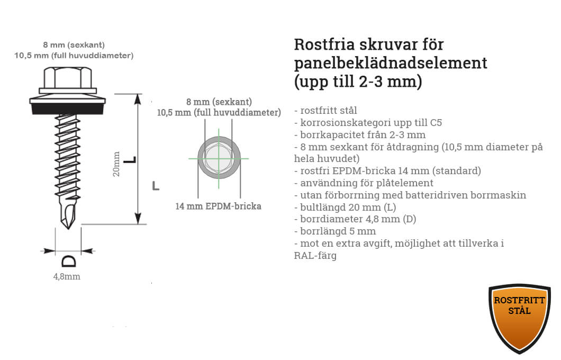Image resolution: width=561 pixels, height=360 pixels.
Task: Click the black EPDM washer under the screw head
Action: coord(68,108)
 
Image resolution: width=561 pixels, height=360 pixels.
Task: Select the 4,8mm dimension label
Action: coord(67,276)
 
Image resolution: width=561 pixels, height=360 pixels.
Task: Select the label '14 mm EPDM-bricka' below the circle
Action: coord(218,206)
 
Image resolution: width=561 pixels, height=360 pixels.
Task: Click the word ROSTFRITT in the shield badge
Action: coord(519,300)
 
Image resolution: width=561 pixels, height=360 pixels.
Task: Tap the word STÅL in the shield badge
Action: coord(519,311)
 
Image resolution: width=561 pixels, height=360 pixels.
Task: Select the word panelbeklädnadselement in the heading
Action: coord(391,63)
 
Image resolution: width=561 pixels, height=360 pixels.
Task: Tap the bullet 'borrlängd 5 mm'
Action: coord(335,231)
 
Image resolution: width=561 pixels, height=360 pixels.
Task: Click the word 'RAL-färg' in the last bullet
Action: coord(315,255)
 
